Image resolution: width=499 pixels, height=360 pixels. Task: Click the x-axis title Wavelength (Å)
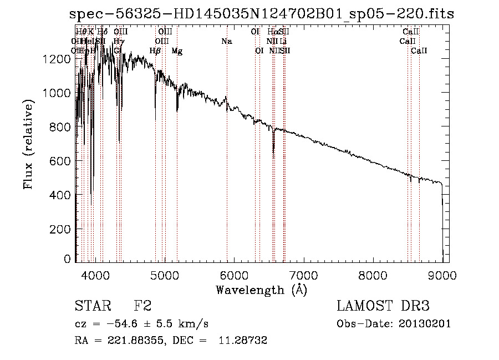coord(261,290)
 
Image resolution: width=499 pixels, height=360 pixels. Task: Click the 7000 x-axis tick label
coord(303,275)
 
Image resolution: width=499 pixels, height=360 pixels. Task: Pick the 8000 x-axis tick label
coord(373,275)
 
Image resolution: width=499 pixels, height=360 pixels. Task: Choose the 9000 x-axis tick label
coord(442,275)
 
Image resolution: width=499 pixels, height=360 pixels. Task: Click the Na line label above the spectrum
coord(226,42)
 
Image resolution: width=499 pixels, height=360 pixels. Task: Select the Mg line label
coord(177,51)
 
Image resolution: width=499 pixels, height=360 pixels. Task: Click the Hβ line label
coord(155,51)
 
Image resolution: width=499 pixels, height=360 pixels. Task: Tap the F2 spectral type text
coord(143,306)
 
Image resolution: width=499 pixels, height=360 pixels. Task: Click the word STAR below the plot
coord(91,306)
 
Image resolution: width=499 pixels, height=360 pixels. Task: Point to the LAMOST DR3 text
coord(383,306)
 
